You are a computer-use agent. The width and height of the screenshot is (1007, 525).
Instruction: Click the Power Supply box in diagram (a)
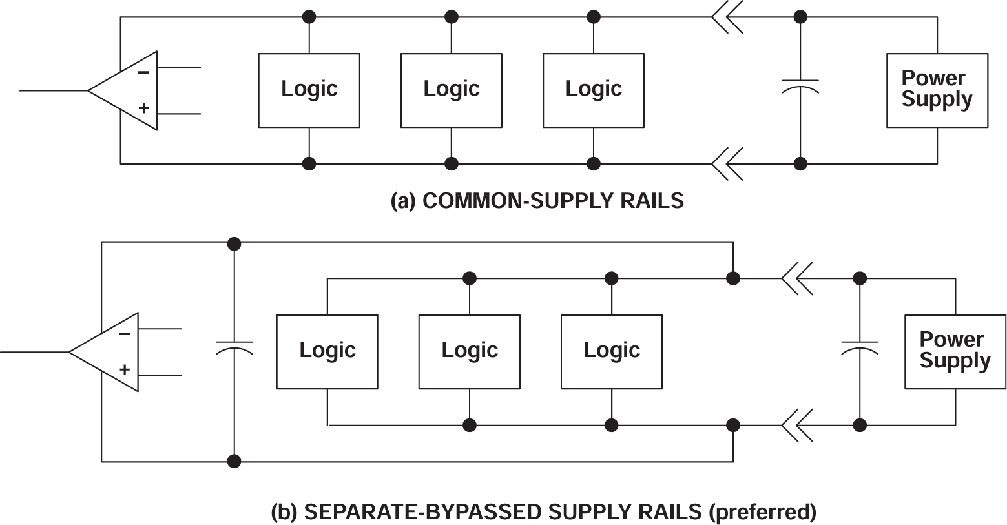pos(937,90)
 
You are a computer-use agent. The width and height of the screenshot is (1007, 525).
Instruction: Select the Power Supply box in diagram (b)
pos(955,351)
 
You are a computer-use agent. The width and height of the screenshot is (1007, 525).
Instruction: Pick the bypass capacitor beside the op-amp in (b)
pos(234,347)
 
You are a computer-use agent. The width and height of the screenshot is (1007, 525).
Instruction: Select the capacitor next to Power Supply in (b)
pos(860,347)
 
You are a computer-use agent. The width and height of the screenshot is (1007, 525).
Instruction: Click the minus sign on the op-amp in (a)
pos(143,72)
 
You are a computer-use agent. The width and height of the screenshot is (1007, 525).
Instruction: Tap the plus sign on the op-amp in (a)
pos(143,108)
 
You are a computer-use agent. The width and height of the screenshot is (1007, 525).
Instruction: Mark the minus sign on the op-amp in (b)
pos(125,334)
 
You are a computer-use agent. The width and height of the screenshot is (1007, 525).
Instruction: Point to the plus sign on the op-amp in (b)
pos(125,370)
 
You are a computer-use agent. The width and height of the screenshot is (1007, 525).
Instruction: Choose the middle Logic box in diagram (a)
pos(451,90)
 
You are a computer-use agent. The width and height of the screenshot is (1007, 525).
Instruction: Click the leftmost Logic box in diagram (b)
pos(327,351)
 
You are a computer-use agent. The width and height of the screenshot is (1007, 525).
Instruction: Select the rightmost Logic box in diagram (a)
pos(593,90)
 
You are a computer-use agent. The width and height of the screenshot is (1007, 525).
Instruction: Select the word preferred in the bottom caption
pos(762,512)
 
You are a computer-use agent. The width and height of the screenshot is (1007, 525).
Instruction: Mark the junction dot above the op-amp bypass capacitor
pos(234,244)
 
